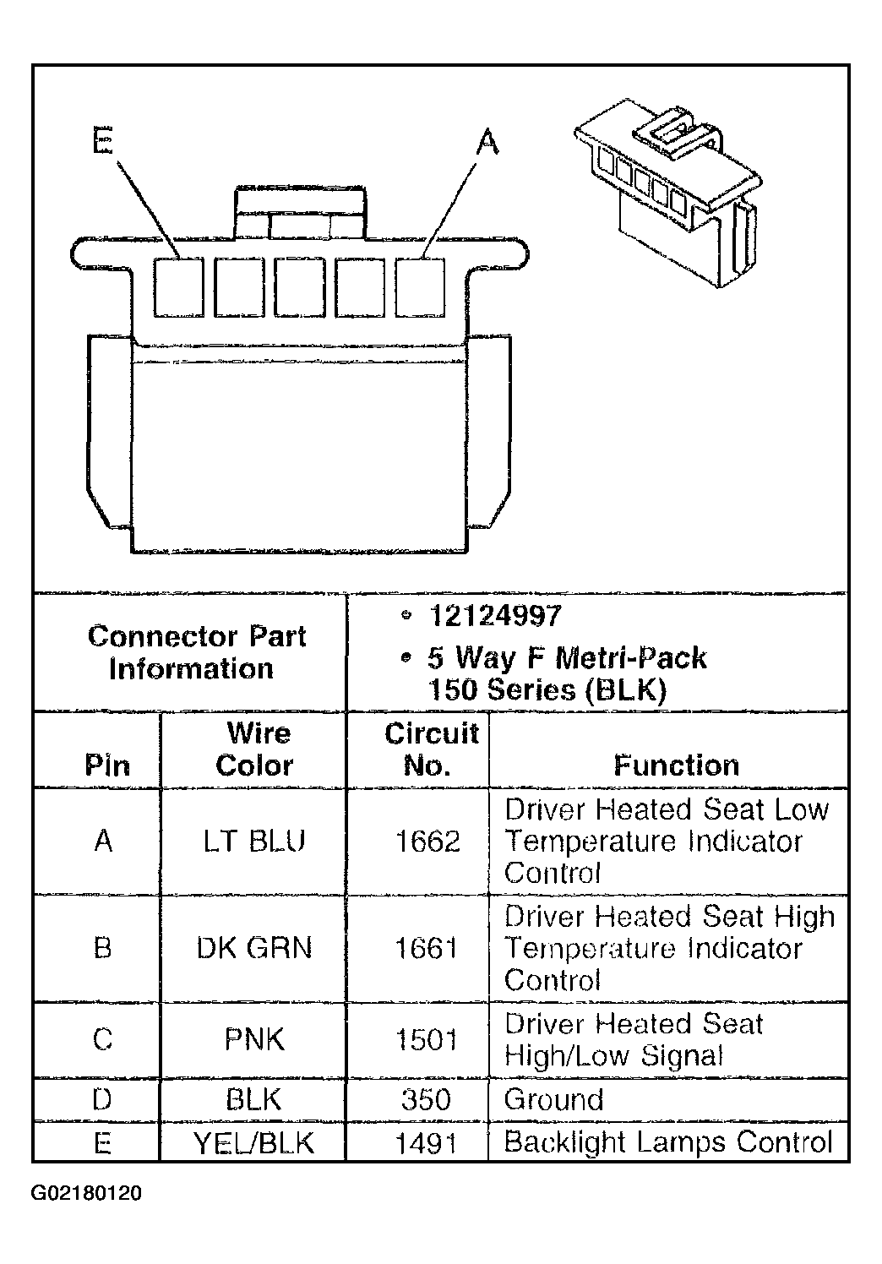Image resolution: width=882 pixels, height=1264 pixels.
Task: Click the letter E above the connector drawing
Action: [103, 140]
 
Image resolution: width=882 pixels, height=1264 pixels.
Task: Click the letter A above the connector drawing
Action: [487, 141]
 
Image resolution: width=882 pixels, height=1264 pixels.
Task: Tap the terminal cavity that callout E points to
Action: [179, 287]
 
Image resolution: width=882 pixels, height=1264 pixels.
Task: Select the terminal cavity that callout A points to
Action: [420, 287]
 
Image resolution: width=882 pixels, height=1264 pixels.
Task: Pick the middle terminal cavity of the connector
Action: [300, 287]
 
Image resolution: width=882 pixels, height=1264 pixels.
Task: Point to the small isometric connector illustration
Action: [669, 192]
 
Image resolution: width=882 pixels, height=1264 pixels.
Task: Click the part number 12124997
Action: [495, 616]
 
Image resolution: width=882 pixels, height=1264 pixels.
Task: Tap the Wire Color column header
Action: [255, 749]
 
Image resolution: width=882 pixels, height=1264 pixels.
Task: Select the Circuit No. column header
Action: [432, 749]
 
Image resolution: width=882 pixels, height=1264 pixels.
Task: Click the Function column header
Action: [677, 765]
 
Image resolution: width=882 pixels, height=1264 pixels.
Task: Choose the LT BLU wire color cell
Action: [254, 841]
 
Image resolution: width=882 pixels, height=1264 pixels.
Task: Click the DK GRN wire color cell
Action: [254, 948]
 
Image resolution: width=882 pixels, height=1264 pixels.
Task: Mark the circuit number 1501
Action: [426, 1039]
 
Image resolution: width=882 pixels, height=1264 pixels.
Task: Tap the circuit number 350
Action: [426, 1099]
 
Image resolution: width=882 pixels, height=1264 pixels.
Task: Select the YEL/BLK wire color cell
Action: [254, 1143]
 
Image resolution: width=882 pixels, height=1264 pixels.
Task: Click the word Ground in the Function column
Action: [553, 1099]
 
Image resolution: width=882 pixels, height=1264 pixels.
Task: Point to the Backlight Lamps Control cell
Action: [668, 1142]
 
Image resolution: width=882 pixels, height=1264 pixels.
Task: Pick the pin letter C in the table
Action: [103, 1039]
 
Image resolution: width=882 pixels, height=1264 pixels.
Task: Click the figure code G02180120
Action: [86, 1194]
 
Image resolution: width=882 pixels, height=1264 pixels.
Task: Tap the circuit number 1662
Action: [427, 842]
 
